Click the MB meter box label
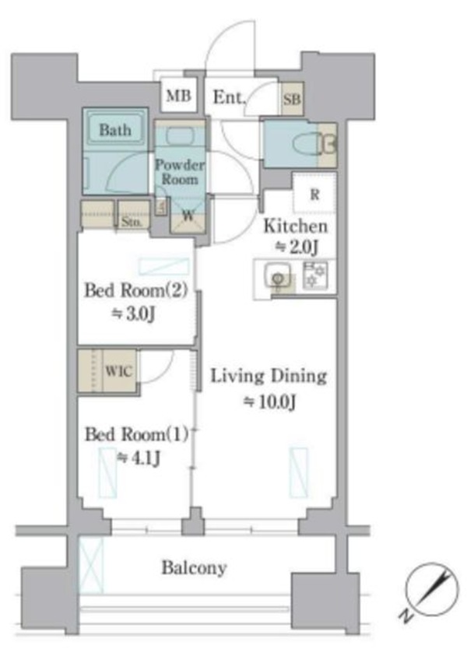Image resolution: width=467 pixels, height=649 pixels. click(x=178, y=96)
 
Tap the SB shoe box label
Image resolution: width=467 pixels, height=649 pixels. click(x=292, y=99)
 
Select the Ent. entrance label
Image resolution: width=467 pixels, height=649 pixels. click(x=229, y=98)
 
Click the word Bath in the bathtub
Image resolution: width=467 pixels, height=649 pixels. click(x=115, y=130)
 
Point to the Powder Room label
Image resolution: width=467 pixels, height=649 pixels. click(x=180, y=172)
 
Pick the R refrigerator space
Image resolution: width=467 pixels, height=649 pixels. click(x=314, y=194)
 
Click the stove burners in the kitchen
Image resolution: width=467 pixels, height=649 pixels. click(x=315, y=275)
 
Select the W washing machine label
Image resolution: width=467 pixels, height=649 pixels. click(x=188, y=216)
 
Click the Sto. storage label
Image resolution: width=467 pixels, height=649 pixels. click(x=132, y=222)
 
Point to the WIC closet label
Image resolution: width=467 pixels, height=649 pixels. click(x=119, y=370)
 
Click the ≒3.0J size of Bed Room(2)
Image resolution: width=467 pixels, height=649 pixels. click(x=133, y=314)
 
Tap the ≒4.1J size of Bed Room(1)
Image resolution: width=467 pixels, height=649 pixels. click(x=139, y=458)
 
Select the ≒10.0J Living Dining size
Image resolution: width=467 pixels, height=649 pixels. click(x=269, y=401)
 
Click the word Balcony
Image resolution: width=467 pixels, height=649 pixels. click(x=194, y=568)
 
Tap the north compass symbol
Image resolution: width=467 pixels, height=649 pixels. click(x=432, y=589)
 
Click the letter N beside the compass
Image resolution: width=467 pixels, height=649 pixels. click(x=406, y=615)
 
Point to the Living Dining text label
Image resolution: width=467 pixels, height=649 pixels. click(x=269, y=377)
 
